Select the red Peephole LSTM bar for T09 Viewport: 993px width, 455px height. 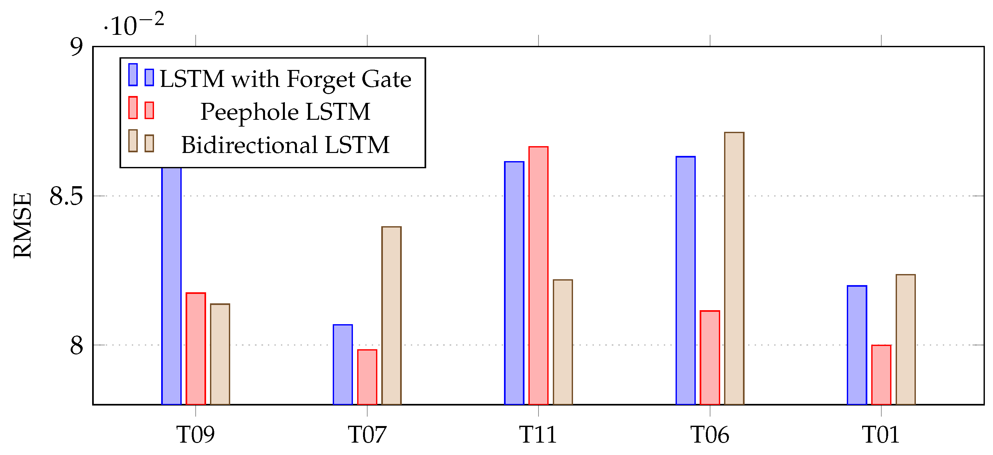click(x=195, y=348)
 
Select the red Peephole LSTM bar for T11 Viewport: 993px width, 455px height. click(x=538, y=275)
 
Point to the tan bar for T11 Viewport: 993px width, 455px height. click(x=563, y=342)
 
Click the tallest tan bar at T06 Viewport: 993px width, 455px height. click(x=734, y=268)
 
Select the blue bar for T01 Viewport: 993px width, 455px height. click(x=857, y=345)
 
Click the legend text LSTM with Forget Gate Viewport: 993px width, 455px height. click(x=285, y=79)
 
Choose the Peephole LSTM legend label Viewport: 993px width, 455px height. click(x=285, y=112)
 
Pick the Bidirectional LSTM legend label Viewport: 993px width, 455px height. click(x=285, y=145)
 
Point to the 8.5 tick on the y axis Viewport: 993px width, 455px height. click(x=66, y=196)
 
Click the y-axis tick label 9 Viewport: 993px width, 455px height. click(x=76, y=47)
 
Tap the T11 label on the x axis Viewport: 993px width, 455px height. click(x=538, y=434)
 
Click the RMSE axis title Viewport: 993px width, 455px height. click(x=22, y=225)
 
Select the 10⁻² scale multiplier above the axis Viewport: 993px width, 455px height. click(x=134, y=24)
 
